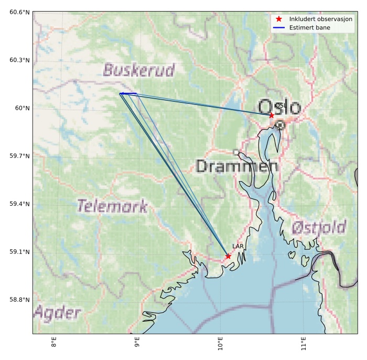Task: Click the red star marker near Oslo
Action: pos(272,115)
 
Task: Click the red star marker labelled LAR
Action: pos(228,256)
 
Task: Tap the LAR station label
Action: pos(238,246)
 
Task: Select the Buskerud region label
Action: pos(139,70)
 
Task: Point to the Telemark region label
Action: pos(112,206)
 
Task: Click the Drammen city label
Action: pos(236,167)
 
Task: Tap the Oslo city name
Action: pos(279,107)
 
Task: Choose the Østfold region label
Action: pos(319,227)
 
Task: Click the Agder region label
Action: pos(58,314)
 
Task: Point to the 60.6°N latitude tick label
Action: pos(19,12)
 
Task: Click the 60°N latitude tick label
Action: pos(23,108)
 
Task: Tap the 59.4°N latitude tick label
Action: pos(19,204)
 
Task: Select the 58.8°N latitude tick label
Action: pos(19,300)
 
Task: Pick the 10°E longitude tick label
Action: pos(220,345)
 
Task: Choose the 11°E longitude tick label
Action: pos(304,345)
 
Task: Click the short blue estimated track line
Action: pos(128,93)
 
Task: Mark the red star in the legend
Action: pos(279,19)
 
